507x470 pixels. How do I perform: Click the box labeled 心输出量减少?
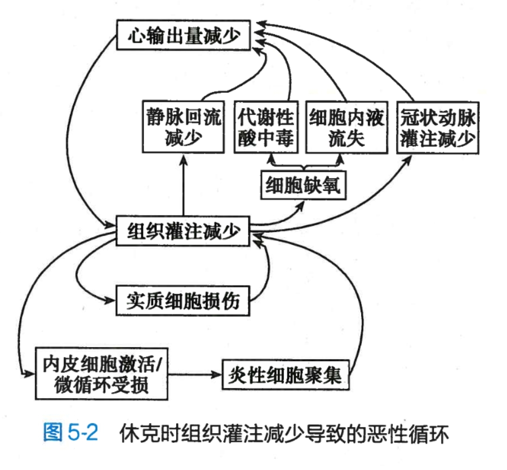tap(183, 36)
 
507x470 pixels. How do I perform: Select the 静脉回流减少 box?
tap(183, 127)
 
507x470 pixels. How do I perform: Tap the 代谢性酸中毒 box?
tap(265, 127)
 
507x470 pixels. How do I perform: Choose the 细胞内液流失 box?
tap(346, 127)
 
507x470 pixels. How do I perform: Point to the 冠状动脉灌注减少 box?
tap(438, 127)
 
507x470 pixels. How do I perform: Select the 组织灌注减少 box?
tap(183, 231)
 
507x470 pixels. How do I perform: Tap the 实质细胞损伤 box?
tap(183, 300)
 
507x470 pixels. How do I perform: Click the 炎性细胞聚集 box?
tap(286, 374)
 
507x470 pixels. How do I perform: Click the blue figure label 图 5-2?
tap(70, 432)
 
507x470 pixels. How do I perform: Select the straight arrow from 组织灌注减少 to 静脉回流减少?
tap(183, 188)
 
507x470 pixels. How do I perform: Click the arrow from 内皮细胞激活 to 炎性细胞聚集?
tap(195, 374)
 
